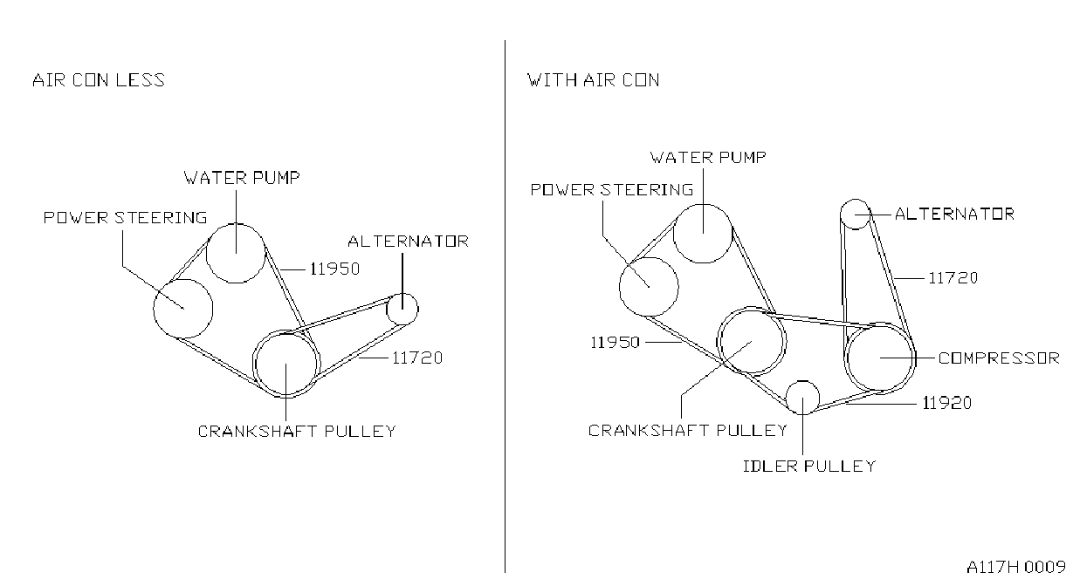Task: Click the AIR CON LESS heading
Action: coord(98,80)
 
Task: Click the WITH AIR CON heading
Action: coord(593,80)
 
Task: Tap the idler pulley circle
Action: coord(803,381)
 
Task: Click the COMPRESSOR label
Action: coord(999,358)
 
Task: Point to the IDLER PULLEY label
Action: coord(809,467)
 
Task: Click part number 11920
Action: coord(947,403)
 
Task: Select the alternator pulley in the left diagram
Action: coord(402,294)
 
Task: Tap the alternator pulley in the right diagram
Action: coord(855,200)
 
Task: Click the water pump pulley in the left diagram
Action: coord(236,224)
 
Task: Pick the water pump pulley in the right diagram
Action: coord(703,204)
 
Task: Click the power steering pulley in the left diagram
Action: coord(183,280)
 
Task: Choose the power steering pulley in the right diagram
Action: coord(649,258)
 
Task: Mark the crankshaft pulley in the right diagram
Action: coord(751,308)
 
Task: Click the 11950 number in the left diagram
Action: coord(335,269)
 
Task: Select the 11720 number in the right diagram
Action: coord(953,278)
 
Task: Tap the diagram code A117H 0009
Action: coord(1016,568)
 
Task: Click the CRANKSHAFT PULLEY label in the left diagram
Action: coord(297,432)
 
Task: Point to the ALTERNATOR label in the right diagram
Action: coord(954,214)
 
